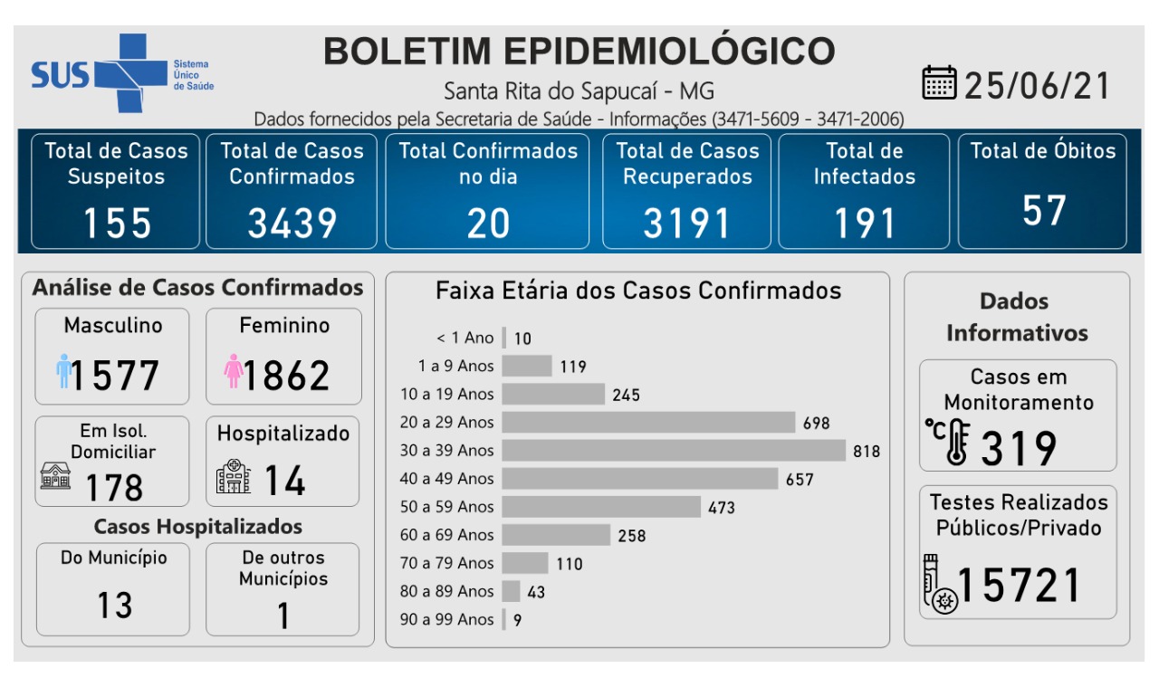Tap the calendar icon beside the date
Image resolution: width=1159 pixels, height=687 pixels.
click(939, 83)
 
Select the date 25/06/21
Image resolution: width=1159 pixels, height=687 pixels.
click(1037, 85)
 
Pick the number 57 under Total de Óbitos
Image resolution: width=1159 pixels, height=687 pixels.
click(1043, 211)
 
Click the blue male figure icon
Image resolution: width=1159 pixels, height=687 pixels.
click(63, 372)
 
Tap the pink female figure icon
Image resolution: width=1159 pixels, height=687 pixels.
click(234, 372)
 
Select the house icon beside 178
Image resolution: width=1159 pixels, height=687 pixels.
click(55, 475)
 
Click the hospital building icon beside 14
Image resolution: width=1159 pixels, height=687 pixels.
click(234, 476)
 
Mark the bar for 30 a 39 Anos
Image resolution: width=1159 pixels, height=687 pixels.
click(674, 450)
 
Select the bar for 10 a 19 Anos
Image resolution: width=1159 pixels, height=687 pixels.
click(553, 394)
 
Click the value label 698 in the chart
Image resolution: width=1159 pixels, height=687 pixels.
click(816, 423)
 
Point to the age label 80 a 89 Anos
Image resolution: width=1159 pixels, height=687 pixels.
click(446, 591)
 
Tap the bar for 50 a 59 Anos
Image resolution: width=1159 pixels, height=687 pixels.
click(601, 507)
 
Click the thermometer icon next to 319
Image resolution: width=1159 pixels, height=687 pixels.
click(949, 443)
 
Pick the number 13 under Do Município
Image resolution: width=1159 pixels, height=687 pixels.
click(115, 606)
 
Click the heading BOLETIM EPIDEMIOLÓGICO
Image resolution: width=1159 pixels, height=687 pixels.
click(579, 52)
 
